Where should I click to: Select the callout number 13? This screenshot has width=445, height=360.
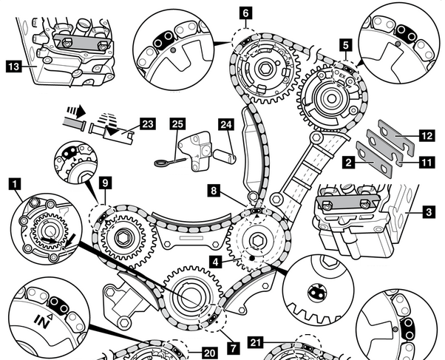13,66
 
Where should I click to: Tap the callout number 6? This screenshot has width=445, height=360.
245,13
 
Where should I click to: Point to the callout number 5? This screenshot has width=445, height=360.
344,45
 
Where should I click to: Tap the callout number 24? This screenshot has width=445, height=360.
225,123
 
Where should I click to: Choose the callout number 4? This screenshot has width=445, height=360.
214,261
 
